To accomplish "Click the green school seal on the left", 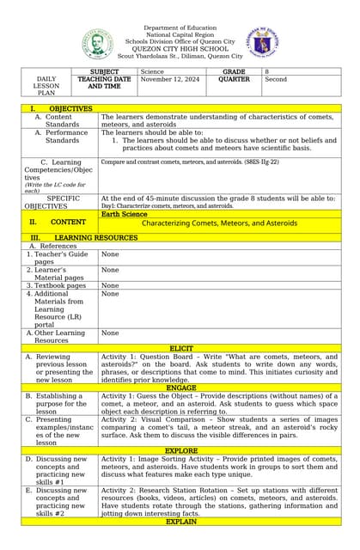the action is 97,44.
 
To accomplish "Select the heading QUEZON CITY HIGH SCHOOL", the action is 180,48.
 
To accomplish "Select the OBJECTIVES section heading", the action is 70,109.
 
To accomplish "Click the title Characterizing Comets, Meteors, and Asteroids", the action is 219,223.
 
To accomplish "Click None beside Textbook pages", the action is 110,285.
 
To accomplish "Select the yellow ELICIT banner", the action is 180,349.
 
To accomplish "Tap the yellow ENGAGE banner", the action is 180,388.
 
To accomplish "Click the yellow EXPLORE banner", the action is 180,450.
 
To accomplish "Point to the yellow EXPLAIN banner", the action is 180,521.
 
